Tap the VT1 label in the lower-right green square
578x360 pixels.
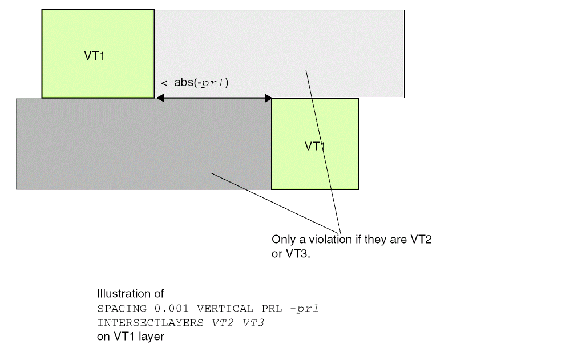(315, 146)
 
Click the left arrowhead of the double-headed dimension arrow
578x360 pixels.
(160, 99)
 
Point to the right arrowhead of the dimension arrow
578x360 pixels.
(268, 99)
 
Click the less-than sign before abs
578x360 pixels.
(164, 83)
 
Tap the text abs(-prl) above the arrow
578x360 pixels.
(201, 83)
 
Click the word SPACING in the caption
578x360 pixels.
(117, 309)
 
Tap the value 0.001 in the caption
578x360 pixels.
(157, 309)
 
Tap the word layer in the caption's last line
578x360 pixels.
(152, 337)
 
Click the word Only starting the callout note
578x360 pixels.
(282, 240)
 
